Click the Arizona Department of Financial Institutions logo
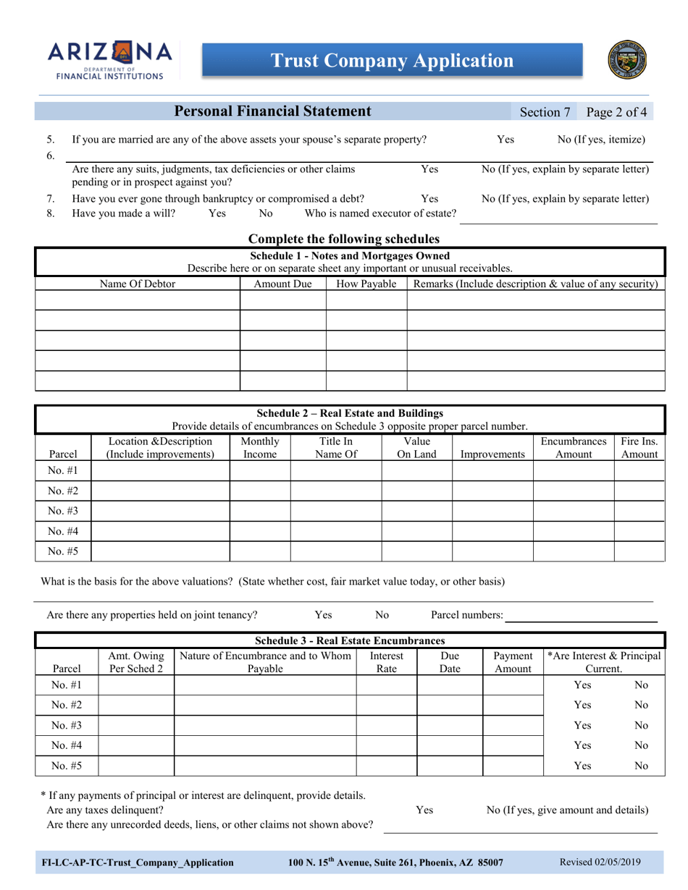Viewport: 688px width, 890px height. point(110,59)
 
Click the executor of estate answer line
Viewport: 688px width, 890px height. point(558,219)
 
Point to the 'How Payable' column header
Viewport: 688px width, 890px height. point(366,284)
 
